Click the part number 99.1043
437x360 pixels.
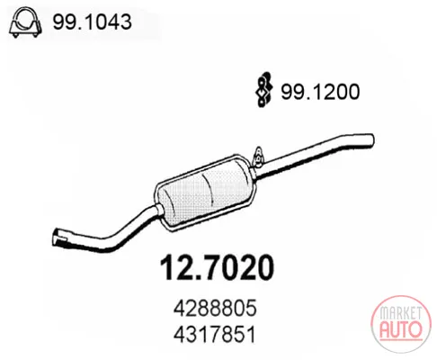tap(92, 22)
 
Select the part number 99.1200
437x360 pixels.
tap(320, 92)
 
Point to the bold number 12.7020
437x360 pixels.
tap(217, 267)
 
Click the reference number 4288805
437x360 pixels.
tap(215, 308)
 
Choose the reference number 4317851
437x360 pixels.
tap(215, 334)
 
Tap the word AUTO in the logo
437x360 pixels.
tap(401, 329)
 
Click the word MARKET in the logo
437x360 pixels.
tap(401, 312)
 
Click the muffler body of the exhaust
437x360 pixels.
tap(205, 193)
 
